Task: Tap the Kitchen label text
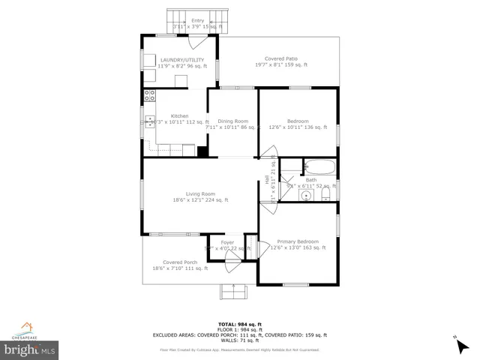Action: [179, 115]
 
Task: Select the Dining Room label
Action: [232, 121]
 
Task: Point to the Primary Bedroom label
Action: [297, 241]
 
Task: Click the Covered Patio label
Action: [280, 58]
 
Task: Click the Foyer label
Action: [226, 242]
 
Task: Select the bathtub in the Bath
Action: [322, 168]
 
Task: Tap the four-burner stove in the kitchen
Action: [149, 95]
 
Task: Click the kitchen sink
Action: [149, 121]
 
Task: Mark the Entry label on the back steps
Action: [197, 20]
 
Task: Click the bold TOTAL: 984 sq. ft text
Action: [239, 323]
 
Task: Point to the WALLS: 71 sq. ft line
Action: [239, 340]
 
